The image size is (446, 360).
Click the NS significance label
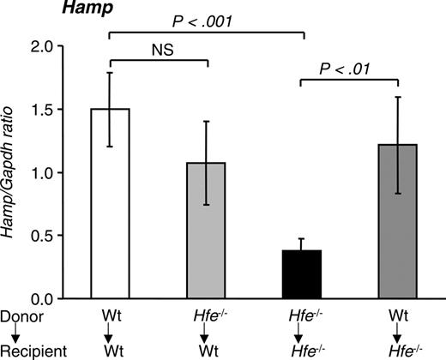(x=158, y=51)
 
